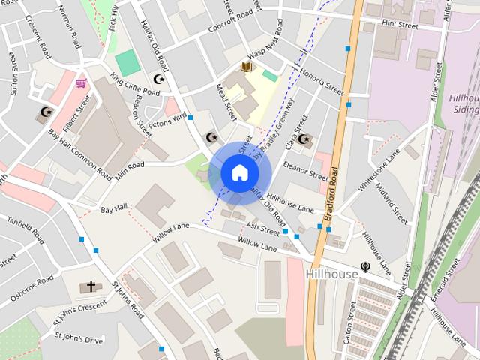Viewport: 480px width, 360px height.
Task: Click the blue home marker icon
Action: pyautogui.click(x=238, y=172)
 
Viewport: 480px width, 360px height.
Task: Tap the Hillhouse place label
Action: pyautogui.click(x=332, y=274)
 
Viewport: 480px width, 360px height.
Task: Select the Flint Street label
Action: pyautogui.click(x=400, y=24)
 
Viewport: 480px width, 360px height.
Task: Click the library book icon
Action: pyautogui.click(x=246, y=67)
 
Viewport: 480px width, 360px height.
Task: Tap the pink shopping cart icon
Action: pyautogui.click(x=80, y=82)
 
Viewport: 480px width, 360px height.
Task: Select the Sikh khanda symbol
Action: pyautogui.click(x=365, y=265)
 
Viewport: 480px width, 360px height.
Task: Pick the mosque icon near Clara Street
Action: pyautogui.click(x=303, y=138)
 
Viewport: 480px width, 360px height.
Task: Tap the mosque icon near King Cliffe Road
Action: pyautogui.click(x=158, y=78)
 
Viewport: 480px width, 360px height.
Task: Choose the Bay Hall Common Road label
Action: pyautogui.click(x=80, y=153)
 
